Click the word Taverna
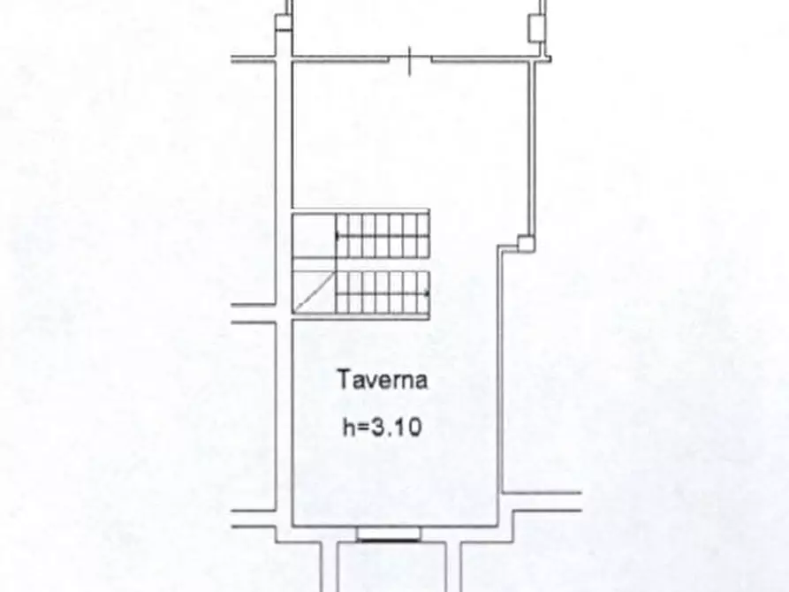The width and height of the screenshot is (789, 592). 383,380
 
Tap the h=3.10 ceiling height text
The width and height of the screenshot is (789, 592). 382,428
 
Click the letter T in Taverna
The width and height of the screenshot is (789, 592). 345,380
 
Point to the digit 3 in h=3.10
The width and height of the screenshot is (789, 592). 378,428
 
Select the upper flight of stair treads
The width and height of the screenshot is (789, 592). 383,235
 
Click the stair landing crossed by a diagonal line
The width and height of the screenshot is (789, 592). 314,292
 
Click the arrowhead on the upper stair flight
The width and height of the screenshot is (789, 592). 338,235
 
